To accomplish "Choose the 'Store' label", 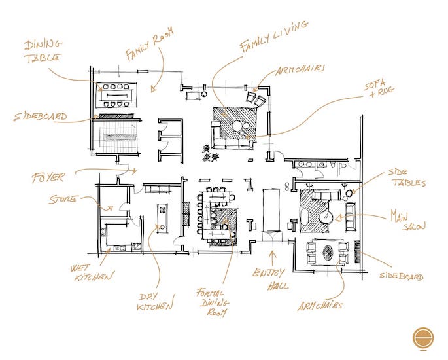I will pyautogui.click(x=64, y=198).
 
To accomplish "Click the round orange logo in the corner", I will pyautogui.click(x=424, y=338).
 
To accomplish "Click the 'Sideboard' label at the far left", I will pyautogui.click(x=40, y=118).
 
